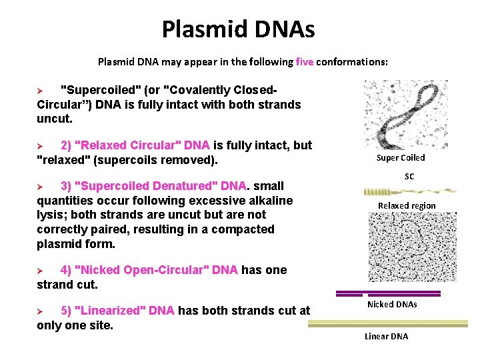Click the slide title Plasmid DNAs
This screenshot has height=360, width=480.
pyautogui.click(x=238, y=29)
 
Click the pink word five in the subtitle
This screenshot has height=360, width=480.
pyautogui.click(x=305, y=62)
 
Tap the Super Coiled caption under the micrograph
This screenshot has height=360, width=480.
pyautogui.click(x=401, y=158)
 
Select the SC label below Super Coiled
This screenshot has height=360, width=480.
pyautogui.click(x=409, y=176)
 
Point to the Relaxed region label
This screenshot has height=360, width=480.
pyautogui.click(x=407, y=206)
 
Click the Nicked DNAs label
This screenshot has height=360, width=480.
pyautogui.click(x=392, y=305)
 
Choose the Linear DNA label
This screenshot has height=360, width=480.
pyautogui.click(x=386, y=336)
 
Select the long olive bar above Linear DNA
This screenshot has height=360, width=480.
pyautogui.click(x=393, y=324)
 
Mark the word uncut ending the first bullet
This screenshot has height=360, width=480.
pyautogui.click(x=53, y=119)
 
